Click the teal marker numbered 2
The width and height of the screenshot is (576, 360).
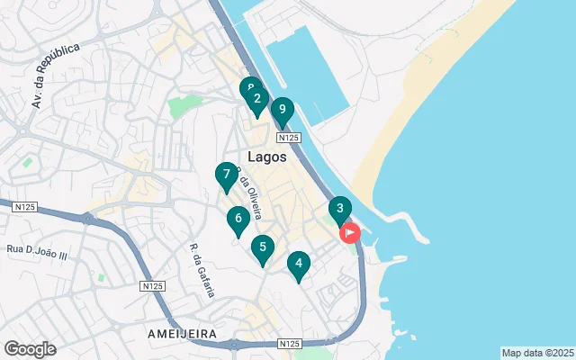click(256, 100)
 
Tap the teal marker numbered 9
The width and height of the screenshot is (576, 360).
click(283, 111)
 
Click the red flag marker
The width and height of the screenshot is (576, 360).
click(349, 233)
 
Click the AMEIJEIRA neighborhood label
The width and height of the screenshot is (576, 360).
click(183, 333)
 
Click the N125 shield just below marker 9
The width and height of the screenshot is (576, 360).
click(287, 138)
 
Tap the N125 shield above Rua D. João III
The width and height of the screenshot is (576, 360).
click(25, 206)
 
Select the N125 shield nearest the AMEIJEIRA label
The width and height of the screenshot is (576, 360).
click(153, 285)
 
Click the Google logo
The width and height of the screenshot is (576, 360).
click(30, 349)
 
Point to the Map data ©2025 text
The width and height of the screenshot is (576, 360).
click(536, 353)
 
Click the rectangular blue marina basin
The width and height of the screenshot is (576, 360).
click(306, 72)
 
